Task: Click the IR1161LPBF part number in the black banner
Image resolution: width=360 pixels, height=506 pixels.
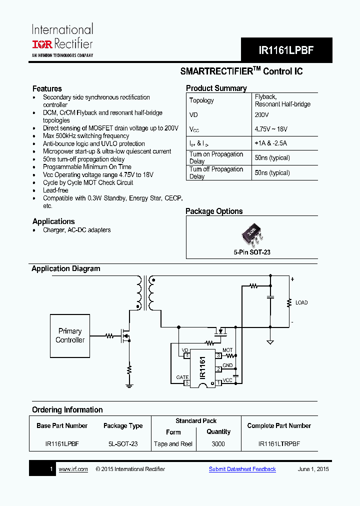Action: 286,50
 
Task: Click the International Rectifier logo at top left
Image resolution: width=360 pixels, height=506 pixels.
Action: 62,40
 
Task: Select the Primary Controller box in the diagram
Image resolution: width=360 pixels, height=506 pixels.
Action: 70,335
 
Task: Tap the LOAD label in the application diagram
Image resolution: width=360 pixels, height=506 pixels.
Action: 301,303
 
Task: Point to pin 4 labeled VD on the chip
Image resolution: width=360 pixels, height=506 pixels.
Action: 186,355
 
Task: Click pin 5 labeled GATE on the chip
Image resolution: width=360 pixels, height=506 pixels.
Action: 186,383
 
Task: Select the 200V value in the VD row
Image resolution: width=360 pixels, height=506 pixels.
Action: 262,114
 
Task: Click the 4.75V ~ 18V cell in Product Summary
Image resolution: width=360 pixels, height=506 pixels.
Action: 271,129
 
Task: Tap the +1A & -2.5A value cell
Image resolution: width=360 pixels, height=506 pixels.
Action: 270,143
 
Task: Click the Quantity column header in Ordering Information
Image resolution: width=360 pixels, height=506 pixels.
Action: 218,432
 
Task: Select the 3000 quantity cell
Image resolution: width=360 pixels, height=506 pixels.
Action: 218,444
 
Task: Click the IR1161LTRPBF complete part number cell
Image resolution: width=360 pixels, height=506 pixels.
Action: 279,444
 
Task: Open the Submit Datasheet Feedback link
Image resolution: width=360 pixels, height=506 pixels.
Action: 242,469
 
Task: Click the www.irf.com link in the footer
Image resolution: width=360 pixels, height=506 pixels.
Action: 73,469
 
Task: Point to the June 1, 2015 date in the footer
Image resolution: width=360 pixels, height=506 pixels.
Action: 313,469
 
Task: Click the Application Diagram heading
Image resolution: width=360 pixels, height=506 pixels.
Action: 66,269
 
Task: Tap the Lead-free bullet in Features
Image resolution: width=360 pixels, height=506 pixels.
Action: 55,190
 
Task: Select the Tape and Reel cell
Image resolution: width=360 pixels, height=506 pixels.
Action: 173,444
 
